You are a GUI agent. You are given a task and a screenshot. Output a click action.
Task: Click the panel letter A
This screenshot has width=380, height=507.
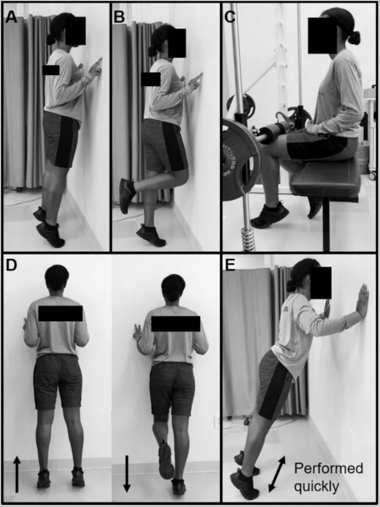[11, 16]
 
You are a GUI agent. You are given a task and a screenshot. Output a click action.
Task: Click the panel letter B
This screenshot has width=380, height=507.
[119, 16]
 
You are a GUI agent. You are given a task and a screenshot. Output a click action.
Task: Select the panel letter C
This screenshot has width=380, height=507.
[230, 16]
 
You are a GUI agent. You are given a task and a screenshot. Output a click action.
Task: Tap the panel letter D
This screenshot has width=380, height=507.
[11, 265]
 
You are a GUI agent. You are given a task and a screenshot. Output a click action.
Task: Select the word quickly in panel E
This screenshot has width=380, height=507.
[316, 486]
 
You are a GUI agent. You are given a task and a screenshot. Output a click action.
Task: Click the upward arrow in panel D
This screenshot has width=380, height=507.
[17, 474]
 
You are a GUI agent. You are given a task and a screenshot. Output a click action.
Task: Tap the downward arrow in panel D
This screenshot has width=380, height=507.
[127, 474]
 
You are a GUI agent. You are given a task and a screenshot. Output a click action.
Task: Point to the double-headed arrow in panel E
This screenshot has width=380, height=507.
[277, 474]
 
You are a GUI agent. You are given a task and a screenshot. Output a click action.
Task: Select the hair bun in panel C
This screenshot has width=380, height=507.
[354, 38]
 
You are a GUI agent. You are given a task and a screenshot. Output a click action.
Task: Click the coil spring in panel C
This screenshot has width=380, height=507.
[248, 239]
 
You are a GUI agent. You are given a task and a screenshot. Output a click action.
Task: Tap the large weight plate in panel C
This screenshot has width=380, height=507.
[240, 159]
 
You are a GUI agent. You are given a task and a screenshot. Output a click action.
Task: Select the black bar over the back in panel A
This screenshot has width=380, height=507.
[51, 70]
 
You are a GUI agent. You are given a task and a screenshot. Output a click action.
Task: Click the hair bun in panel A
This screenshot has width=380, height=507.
[50, 39]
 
